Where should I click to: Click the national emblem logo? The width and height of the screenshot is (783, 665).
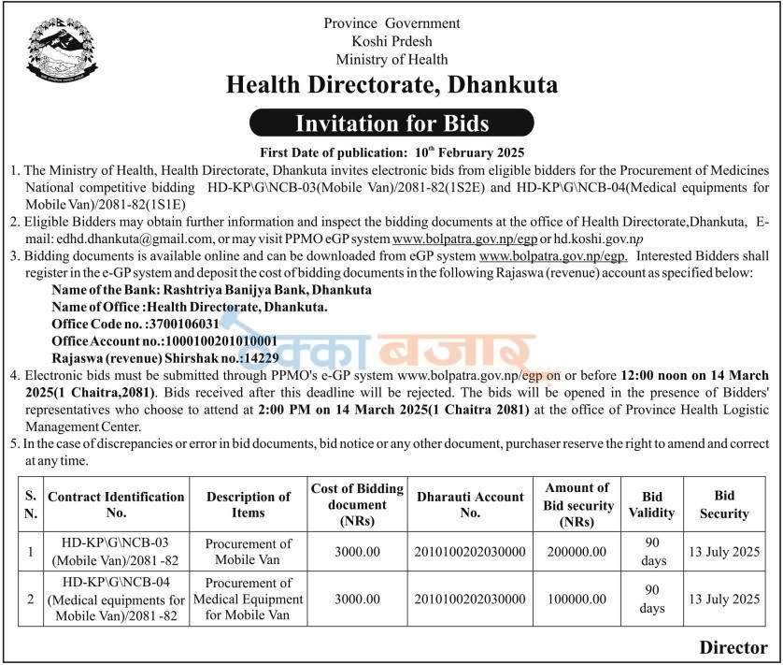tap(61, 51)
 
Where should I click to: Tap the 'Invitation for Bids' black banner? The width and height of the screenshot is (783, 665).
tap(391, 123)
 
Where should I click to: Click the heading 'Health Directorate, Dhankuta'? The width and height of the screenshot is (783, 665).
tap(391, 85)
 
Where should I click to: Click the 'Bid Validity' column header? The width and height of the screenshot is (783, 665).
tap(653, 504)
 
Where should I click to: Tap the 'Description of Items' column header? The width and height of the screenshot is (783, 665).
tap(248, 504)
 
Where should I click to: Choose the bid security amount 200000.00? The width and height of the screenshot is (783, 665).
tap(577, 552)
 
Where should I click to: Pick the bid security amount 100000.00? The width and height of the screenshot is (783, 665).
tap(577, 599)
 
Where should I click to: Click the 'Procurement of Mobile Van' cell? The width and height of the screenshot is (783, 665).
tap(248, 552)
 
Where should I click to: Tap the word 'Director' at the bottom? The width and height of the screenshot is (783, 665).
tap(733, 647)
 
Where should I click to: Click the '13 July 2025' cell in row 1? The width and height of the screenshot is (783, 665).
tap(724, 552)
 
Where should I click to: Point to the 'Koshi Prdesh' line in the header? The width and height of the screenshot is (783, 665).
tap(391, 41)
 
